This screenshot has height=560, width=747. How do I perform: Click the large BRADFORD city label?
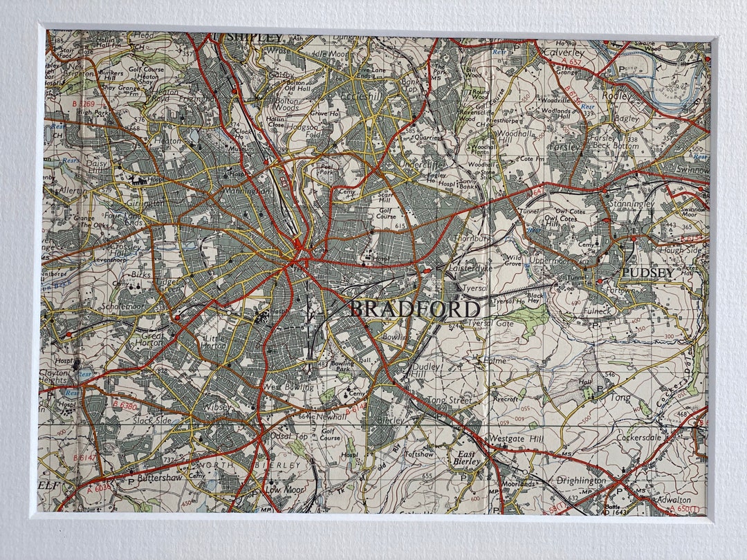pos(414,309)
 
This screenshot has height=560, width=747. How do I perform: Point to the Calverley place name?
pos(564,53)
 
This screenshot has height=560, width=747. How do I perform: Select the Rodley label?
pos(616,96)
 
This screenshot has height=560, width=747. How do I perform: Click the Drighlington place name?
pos(581,480)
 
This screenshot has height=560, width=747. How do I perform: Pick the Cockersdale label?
pos(640,437)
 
